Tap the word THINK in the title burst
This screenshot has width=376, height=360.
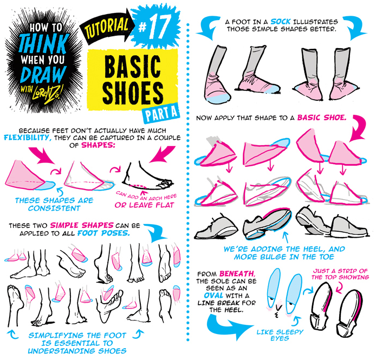click(44, 44)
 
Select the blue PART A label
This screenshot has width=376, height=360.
click(161, 113)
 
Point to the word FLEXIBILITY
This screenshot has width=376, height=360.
click(28, 138)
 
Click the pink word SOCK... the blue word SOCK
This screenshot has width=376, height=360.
click(280, 22)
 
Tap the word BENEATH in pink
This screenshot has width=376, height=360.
click(237, 273)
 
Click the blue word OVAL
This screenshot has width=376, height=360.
click(214, 295)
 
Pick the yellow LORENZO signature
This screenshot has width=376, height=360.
click(48, 92)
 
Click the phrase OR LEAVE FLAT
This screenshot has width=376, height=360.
click(144, 205)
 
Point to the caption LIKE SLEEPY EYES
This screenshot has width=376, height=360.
click(280, 335)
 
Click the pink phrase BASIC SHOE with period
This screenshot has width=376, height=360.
click(322, 117)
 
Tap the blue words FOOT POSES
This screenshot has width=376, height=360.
click(103, 233)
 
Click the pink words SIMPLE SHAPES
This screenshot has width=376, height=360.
click(81, 225)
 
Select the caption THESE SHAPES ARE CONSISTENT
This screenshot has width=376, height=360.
click(54, 204)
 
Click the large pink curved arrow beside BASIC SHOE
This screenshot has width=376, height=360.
click(359, 127)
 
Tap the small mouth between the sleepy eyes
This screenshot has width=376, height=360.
click(278, 310)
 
